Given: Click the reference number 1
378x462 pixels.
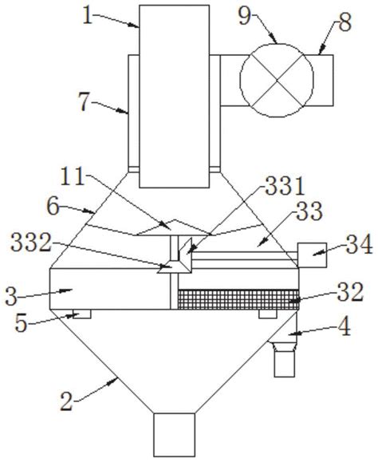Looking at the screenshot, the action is (88, 16).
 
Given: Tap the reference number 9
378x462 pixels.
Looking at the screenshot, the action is (245, 16).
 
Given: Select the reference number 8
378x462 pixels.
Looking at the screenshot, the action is (345, 23).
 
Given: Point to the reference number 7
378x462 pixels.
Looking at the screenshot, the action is (84, 103).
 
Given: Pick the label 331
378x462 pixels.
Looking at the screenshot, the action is (285, 187).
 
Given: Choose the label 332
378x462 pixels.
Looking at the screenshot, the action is (31, 243).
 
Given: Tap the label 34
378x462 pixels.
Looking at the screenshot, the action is (359, 245).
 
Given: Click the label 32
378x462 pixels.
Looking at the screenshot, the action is (350, 292).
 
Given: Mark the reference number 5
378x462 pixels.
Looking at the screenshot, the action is (21, 323).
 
